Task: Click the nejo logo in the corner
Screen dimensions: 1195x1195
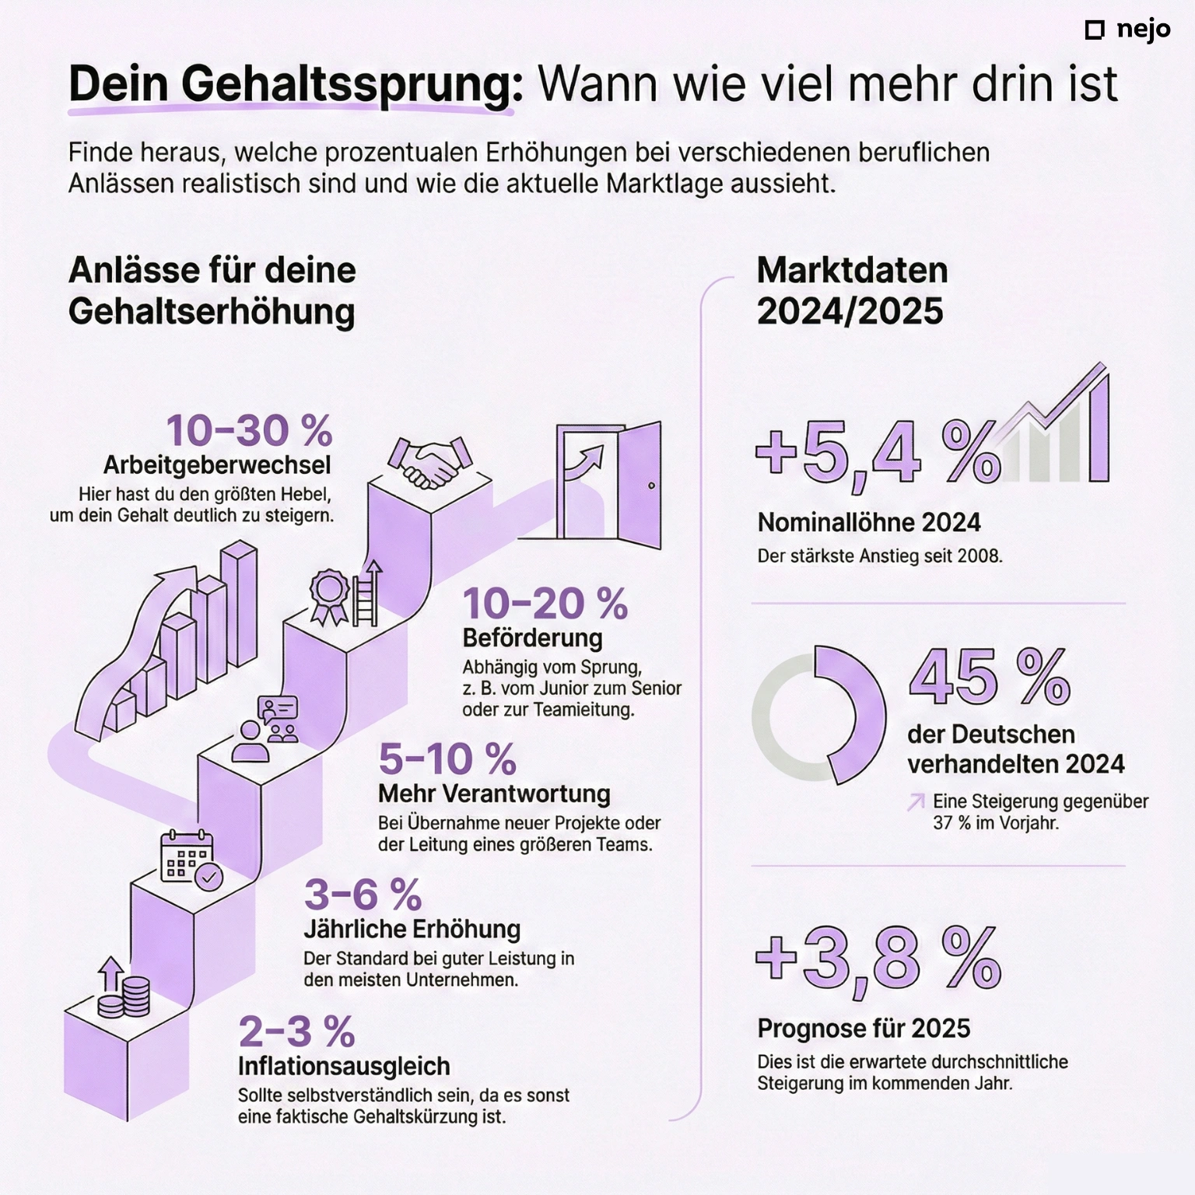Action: (x=1127, y=30)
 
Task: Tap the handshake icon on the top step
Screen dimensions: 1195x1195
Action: (x=430, y=462)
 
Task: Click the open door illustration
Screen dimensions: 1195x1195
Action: (x=609, y=483)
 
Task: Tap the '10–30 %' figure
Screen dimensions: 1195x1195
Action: (x=249, y=430)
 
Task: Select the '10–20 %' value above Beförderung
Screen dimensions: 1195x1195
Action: (x=545, y=604)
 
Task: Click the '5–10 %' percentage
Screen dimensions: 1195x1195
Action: (x=447, y=759)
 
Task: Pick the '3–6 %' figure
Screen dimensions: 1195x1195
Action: (x=363, y=895)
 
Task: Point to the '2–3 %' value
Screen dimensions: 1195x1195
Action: (x=296, y=1032)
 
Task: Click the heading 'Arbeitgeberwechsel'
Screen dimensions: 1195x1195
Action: (x=217, y=465)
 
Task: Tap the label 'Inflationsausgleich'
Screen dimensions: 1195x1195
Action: (x=344, y=1066)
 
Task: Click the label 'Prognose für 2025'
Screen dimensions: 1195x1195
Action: (x=864, y=1029)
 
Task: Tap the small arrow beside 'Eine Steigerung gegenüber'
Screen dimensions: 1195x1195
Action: (x=916, y=802)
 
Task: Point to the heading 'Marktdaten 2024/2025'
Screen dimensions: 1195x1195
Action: (x=852, y=291)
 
